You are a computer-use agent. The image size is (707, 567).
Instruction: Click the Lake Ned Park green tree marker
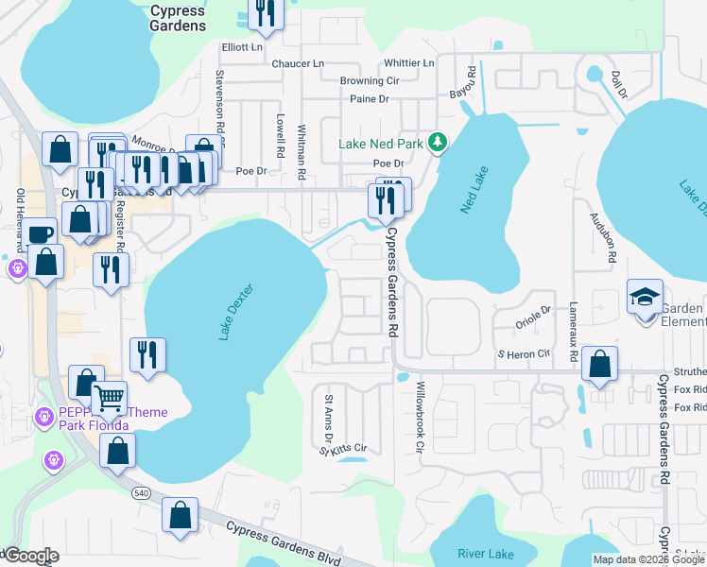(437, 143)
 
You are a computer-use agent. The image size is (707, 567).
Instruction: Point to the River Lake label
(484, 553)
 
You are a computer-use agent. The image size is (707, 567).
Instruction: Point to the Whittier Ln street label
(408, 63)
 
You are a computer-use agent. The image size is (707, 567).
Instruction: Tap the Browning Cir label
(370, 81)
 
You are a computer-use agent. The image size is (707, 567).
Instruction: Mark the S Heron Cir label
(524, 353)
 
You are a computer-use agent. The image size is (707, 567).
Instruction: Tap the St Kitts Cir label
(342, 448)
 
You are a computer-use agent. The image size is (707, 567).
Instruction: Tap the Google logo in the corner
(30, 556)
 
